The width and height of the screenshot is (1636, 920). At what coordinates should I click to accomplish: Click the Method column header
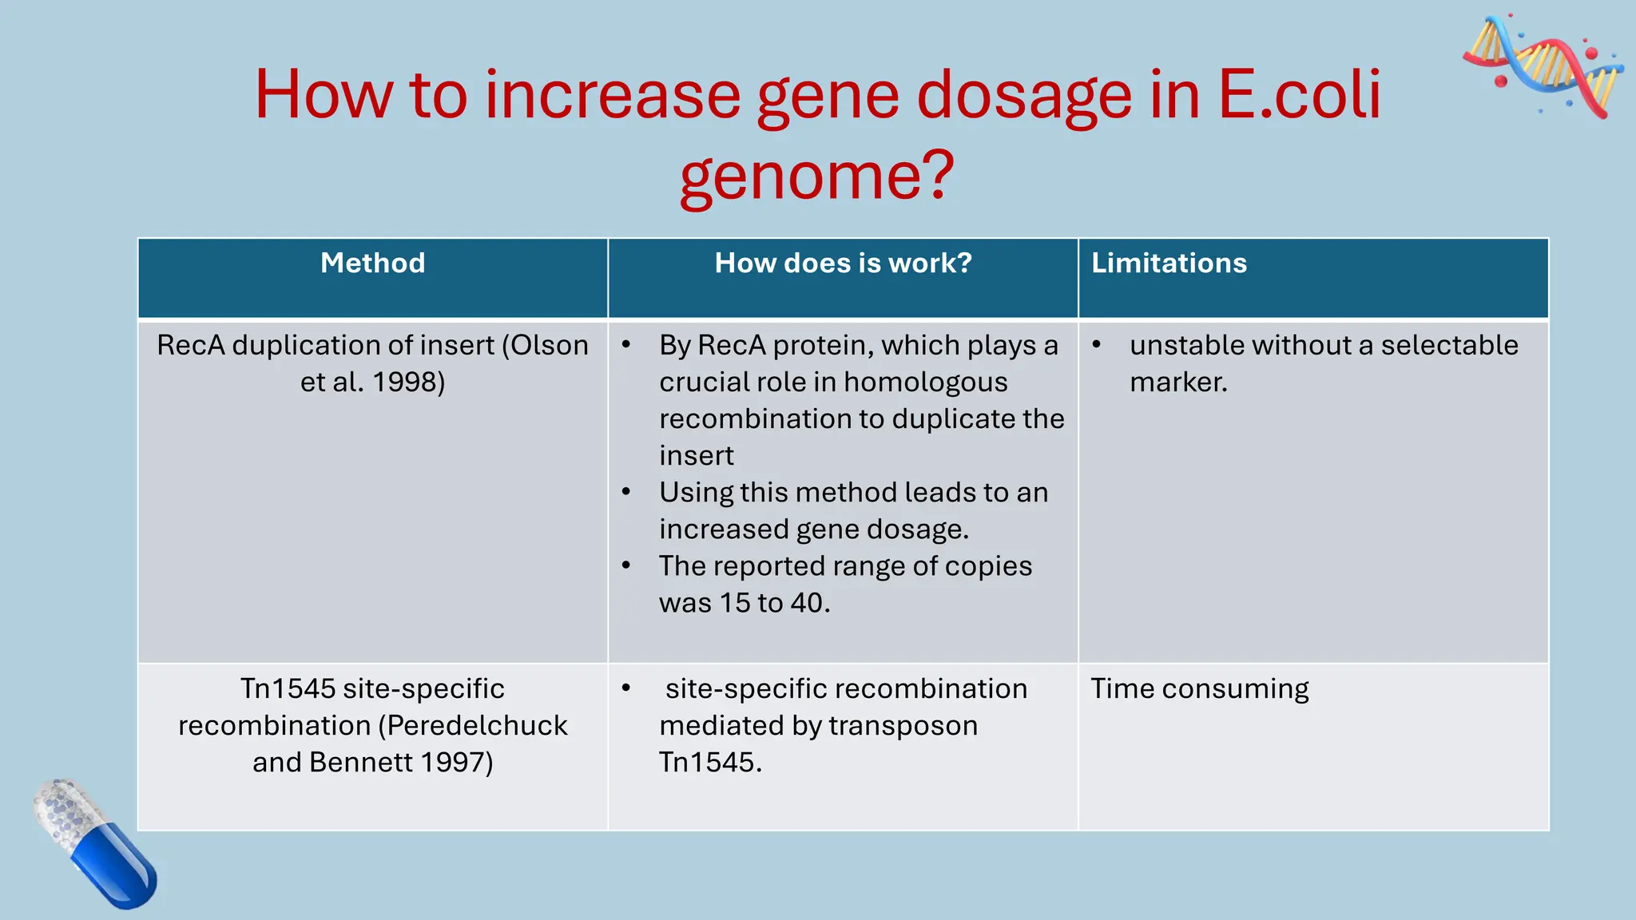tap(372, 264)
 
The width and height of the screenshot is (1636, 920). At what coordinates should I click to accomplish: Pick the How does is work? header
tap(843, 264)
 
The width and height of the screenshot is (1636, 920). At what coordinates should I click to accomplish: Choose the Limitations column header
tap(1169, 264)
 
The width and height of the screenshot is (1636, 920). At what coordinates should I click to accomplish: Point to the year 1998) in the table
tap(409, 382)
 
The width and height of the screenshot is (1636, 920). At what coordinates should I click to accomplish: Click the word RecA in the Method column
tap(190, 345)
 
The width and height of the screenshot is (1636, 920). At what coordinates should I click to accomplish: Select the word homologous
tap(925, 382)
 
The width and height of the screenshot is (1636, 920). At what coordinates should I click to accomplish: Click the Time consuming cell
tap(1199, 688)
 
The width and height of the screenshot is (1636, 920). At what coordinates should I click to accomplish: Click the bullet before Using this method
tap(626, 492)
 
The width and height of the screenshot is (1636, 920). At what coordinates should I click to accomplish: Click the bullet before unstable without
tap(1097, 345)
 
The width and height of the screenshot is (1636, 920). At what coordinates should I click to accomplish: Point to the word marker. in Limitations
tap(1177, 382)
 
